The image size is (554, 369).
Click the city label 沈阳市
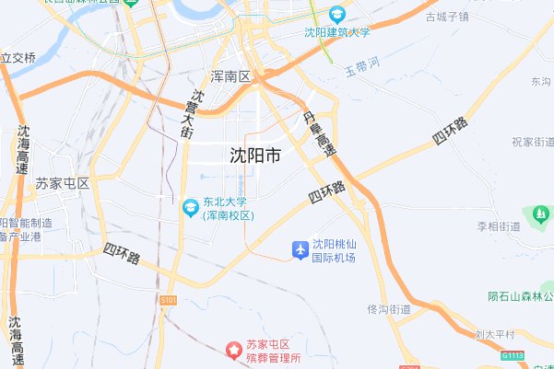click(x=255, y=156)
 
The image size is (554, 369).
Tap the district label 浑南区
click(x=230, y=76)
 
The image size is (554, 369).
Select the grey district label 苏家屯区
click(x=63, y=183)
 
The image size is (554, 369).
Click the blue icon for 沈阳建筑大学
click(x=336, y=15)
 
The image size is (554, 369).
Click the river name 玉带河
click(x=362, y=70)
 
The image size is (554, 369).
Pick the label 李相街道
click(x=499, y=225)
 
